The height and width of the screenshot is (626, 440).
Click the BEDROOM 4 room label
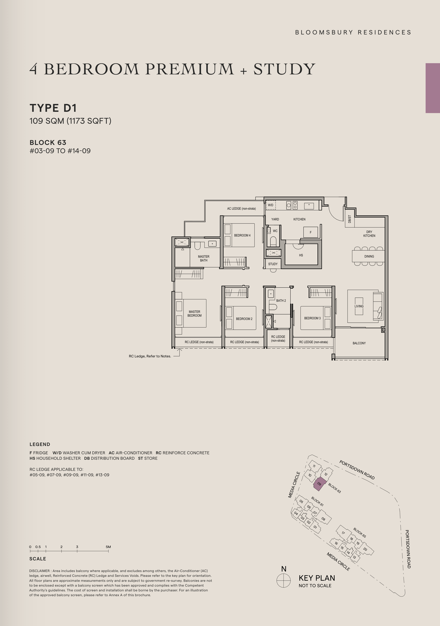tap(242, 235)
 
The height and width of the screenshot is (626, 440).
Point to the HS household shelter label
tap(301, 255)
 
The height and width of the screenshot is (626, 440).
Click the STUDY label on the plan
tap(273, 264)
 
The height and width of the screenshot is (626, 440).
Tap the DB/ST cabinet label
tap(349, 219)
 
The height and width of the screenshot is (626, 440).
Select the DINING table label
tap(369, 256)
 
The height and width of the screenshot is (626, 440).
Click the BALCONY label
tap(359, 343)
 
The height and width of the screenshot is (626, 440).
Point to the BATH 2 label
tap(281, 300)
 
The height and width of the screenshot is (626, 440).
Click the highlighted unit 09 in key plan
tap(319, 484)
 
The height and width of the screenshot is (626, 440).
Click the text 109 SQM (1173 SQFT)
tap(70, 121)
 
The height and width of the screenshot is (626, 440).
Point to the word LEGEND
tap(40, 444)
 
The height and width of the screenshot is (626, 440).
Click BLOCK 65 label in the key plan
tap(360, 532)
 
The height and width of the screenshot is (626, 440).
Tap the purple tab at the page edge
tap(433, 88)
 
